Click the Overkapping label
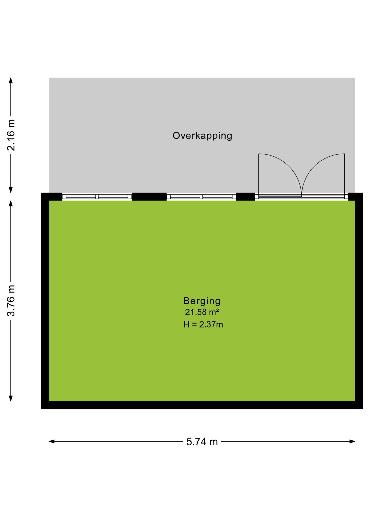coord(202,136)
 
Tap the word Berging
coord(202,301)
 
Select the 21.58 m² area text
coord(202,312)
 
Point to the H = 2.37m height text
coord(203,325)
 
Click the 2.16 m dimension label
coord(11,135)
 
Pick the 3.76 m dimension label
coord(11,301)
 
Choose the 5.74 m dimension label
coord(202,442)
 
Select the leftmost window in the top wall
coord(97,197)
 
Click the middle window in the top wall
coord(201,197)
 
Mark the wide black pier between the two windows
coord(149,197)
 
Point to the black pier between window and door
coord(245,197)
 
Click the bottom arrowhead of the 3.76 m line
coord(11,398)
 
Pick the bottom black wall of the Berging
coord(202,405)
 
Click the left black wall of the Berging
coord(45,301)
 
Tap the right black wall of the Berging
coord(359,301)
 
